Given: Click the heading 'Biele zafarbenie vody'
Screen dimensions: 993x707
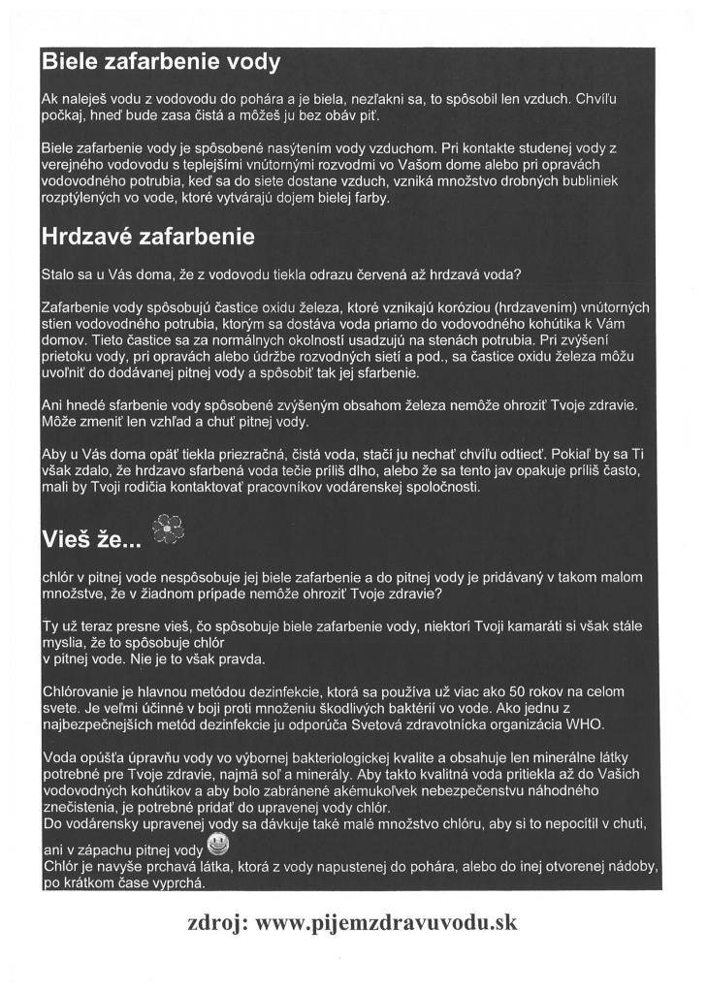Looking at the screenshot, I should point(161,64).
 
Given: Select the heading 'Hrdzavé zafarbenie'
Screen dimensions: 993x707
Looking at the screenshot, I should point(147,236).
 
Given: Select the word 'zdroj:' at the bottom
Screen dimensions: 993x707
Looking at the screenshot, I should point(216,922).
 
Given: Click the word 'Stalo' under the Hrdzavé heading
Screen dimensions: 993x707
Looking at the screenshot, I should point(59,273).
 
